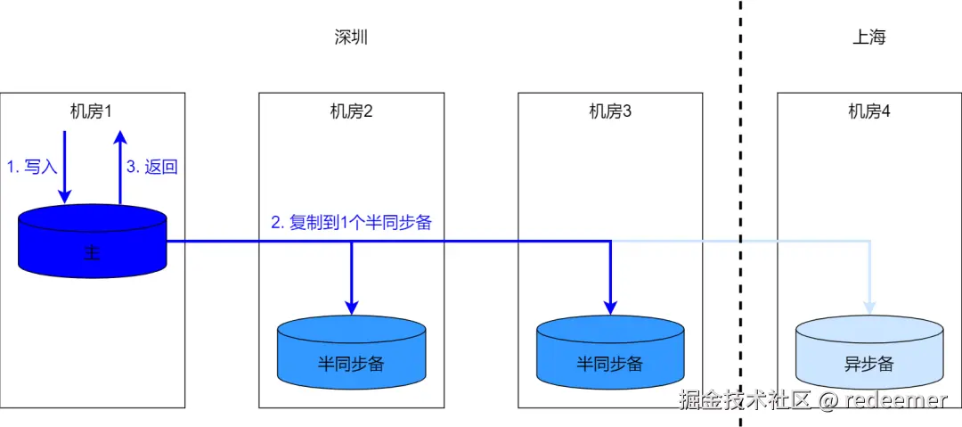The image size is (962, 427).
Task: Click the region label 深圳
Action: point(350,37)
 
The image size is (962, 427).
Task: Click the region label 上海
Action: point(868,37)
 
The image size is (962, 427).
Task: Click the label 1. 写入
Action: point(31,167)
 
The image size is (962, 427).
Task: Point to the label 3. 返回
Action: point(151,167)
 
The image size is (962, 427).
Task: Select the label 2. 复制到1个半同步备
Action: point(351,223)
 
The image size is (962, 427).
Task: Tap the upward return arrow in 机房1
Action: point(121,165)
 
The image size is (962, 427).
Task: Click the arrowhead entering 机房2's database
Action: point(352,307)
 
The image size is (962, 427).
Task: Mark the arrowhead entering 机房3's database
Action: point(610,307)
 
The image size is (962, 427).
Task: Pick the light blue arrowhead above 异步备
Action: point(868,307)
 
